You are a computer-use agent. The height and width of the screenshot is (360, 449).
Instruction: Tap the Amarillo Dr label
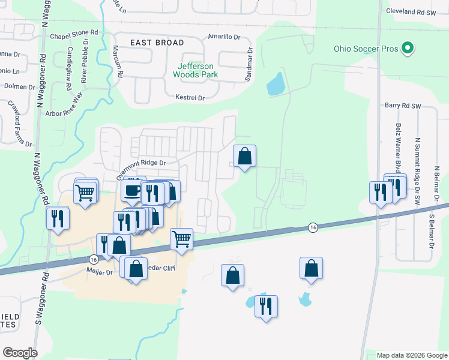tap(223, 37)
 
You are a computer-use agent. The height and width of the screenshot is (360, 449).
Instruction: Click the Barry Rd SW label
tap(403, 106)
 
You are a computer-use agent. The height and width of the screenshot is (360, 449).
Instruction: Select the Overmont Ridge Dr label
tap(140, 163)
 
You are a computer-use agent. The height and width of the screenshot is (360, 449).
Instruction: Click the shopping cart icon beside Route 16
tap(181, 238)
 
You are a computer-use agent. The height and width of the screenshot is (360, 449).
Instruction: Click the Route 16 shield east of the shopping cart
tap(313, 227)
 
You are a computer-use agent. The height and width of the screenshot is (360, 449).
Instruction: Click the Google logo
tap(20, 353)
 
